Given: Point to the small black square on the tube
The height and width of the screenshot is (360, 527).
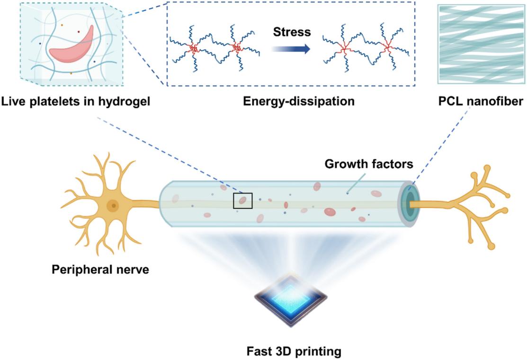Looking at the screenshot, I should click(243, 201).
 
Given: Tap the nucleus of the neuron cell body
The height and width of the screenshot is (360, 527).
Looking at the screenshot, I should click(113, 205).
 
